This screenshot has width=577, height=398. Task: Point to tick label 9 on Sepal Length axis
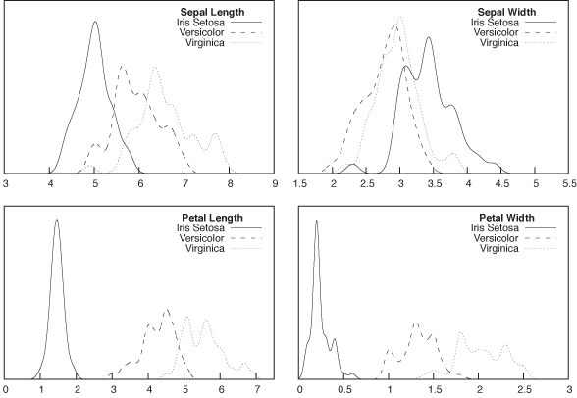click(275, 183)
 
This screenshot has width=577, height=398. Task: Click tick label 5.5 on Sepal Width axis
click(568, 183)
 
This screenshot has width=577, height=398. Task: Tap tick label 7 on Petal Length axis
click(257, 390)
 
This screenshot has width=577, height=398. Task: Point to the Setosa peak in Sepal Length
click(95, 23)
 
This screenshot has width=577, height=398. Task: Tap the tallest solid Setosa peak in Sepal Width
click(429, 38)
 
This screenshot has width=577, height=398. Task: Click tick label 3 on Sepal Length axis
click(6, 183)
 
